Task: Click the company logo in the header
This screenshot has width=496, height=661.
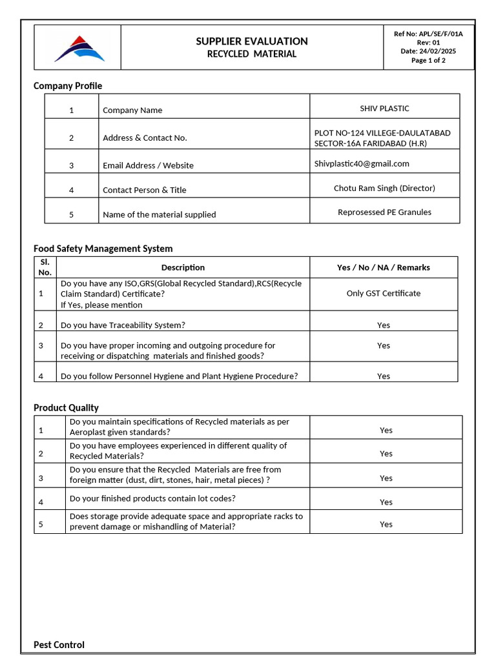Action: coord(79,48)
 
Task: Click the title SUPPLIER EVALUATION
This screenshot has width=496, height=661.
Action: coord(252,41)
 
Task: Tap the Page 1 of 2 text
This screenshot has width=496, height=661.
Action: coord(428,61)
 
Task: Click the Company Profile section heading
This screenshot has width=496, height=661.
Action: coord(68,86)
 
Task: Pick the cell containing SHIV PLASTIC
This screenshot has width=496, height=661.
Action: coord(384,108)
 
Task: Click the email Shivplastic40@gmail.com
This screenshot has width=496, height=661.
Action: coord(362,163)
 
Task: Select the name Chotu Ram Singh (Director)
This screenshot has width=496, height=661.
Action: coord(384,188)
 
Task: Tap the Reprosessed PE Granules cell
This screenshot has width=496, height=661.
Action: coord(384,212)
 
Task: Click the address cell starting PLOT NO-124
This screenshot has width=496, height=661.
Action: coord(382,137)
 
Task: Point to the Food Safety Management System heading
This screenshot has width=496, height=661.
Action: coord(103,248)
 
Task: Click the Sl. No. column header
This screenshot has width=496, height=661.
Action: coord(45,267)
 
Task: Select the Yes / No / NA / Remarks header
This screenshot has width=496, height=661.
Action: coord(383,267)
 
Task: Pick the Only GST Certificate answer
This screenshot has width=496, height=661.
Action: coord(383,293)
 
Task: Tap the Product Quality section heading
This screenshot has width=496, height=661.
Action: coord(66,407)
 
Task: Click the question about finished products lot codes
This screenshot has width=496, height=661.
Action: coord(152,498)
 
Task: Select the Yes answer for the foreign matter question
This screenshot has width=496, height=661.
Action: coord(386,478)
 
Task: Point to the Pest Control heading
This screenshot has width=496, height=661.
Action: coord(59,644)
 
